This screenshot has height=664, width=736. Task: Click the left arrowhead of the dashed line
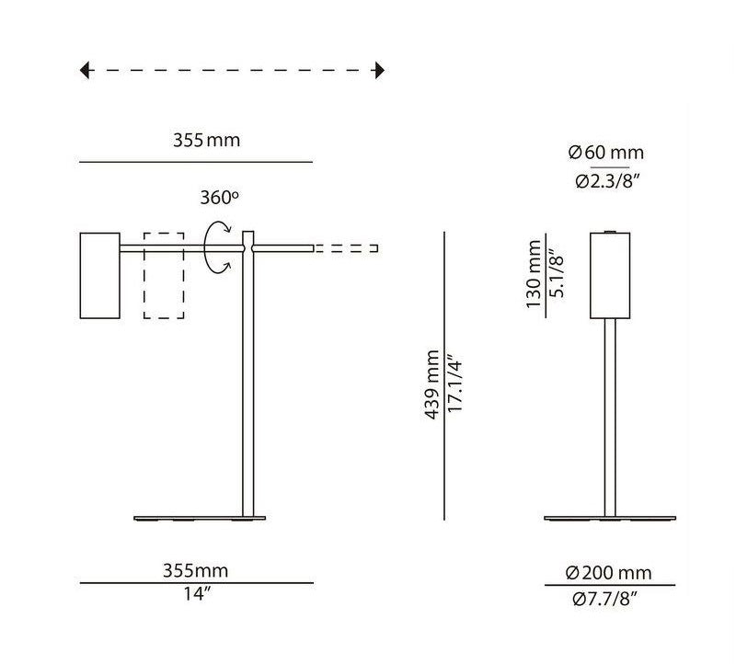85,70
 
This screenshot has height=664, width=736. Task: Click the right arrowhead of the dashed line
379,70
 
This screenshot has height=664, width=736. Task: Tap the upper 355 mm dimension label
206,142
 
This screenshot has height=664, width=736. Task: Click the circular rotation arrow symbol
217,247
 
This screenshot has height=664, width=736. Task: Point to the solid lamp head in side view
99,276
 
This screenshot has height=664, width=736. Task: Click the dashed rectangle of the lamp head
164,276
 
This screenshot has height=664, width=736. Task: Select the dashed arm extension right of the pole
346,248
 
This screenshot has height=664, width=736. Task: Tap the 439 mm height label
432,384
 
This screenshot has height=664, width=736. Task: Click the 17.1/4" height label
454,384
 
